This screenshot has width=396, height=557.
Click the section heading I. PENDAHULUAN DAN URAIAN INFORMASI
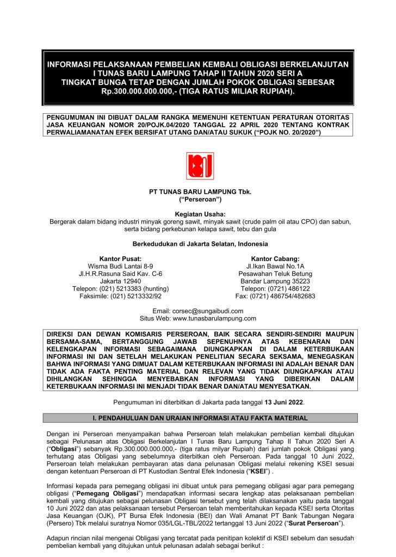[x=201, y=418]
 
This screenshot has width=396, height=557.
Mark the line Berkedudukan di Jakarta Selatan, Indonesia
[x=197, y=244]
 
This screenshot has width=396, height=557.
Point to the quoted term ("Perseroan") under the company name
[x=197, y=200]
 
